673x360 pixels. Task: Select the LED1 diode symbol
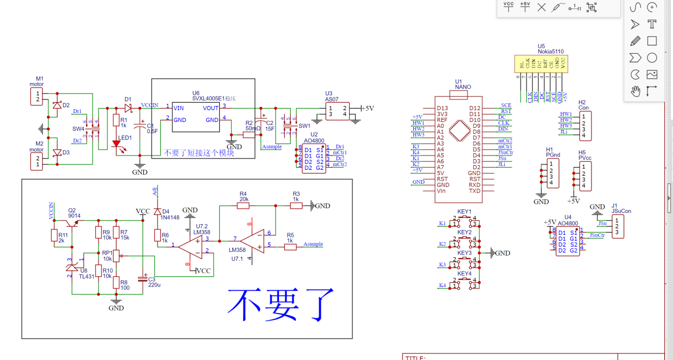click(x=116, y=144)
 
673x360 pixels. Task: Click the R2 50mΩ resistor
click(x=249, y=135)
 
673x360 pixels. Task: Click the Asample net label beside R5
click(x=313, y=244)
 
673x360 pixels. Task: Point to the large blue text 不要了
click(x=281, y=305)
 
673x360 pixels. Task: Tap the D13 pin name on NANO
click(x=442, y=108)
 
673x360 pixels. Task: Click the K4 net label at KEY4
click(x=442, y=285)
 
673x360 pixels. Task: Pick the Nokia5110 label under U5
click(x=550, y=52)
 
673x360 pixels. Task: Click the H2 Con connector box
click(x=585, y=126)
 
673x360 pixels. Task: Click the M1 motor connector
click(x=37, y=97)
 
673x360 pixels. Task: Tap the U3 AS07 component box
click(x=338, y=111)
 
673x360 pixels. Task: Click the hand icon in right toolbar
click(x=635, y=91)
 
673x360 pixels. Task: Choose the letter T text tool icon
click(x=652, y=24)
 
